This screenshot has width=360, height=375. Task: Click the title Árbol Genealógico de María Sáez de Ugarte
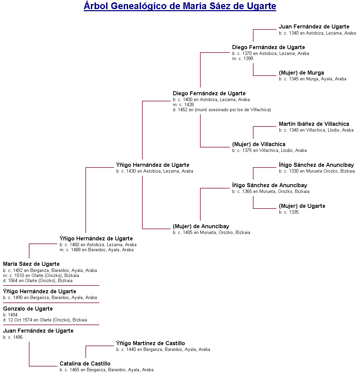tap(180, 6)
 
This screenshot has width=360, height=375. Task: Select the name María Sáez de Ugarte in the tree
tap(31, 264)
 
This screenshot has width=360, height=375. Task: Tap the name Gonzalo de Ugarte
tap(28, 309)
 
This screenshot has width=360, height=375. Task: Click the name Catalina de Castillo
tap(85, 363)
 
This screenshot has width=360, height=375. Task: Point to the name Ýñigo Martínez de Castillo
tap(151, 343)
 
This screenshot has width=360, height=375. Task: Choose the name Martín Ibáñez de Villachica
tap(314, 124)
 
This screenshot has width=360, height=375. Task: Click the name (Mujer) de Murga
tap(301, 73)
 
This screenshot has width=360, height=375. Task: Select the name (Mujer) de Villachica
tap(259, 144)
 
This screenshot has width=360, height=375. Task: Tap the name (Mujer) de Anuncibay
tap(201, 226)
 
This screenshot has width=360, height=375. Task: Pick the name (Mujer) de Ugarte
tap(302, 206)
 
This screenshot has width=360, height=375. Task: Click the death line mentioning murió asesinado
tap(222, 110)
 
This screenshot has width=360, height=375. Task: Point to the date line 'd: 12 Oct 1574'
tap(45, 320)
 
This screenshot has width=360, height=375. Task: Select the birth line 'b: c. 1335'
tap(289, 212)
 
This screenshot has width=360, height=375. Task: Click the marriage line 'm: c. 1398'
tap(243, 58)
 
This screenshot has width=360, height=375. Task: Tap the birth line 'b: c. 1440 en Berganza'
tap(163, 349)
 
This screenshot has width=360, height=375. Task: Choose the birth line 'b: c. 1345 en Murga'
tap(313, 79)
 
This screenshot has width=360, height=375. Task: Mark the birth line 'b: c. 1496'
tap(13, 337)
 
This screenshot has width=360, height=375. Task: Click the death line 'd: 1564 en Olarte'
tap(38, 280)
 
